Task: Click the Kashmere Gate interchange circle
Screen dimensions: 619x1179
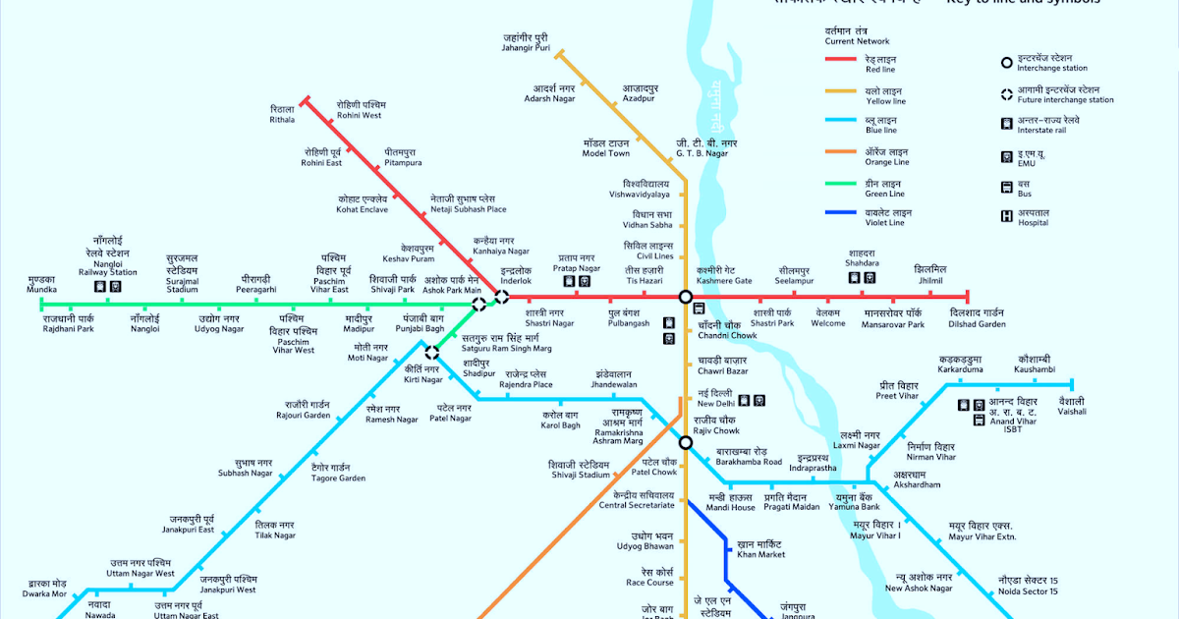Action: (686, 297)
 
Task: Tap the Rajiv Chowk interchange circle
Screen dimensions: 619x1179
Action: (686, 442)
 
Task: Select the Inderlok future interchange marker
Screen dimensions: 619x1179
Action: (502, 297)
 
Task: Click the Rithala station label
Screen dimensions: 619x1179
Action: (282, 114)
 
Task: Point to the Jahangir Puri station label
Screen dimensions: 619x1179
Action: (525, 42)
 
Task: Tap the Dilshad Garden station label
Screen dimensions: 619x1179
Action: (977, 317)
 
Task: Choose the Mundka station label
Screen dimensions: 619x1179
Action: (41, 285)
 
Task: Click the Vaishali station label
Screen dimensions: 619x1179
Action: (1071, 405)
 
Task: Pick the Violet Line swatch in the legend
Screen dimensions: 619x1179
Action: (842, 215)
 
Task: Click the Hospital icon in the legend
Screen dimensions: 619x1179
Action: (1006, 216)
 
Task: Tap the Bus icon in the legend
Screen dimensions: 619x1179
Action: (1006, 187)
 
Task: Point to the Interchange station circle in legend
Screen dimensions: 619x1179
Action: (1006, 64)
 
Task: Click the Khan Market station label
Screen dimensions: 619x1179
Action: (760, 549)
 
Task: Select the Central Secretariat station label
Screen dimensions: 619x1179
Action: (638, 499)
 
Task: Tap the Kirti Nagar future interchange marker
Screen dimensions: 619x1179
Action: (431, 352)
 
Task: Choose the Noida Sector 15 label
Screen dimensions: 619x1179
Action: (1027, 586)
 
